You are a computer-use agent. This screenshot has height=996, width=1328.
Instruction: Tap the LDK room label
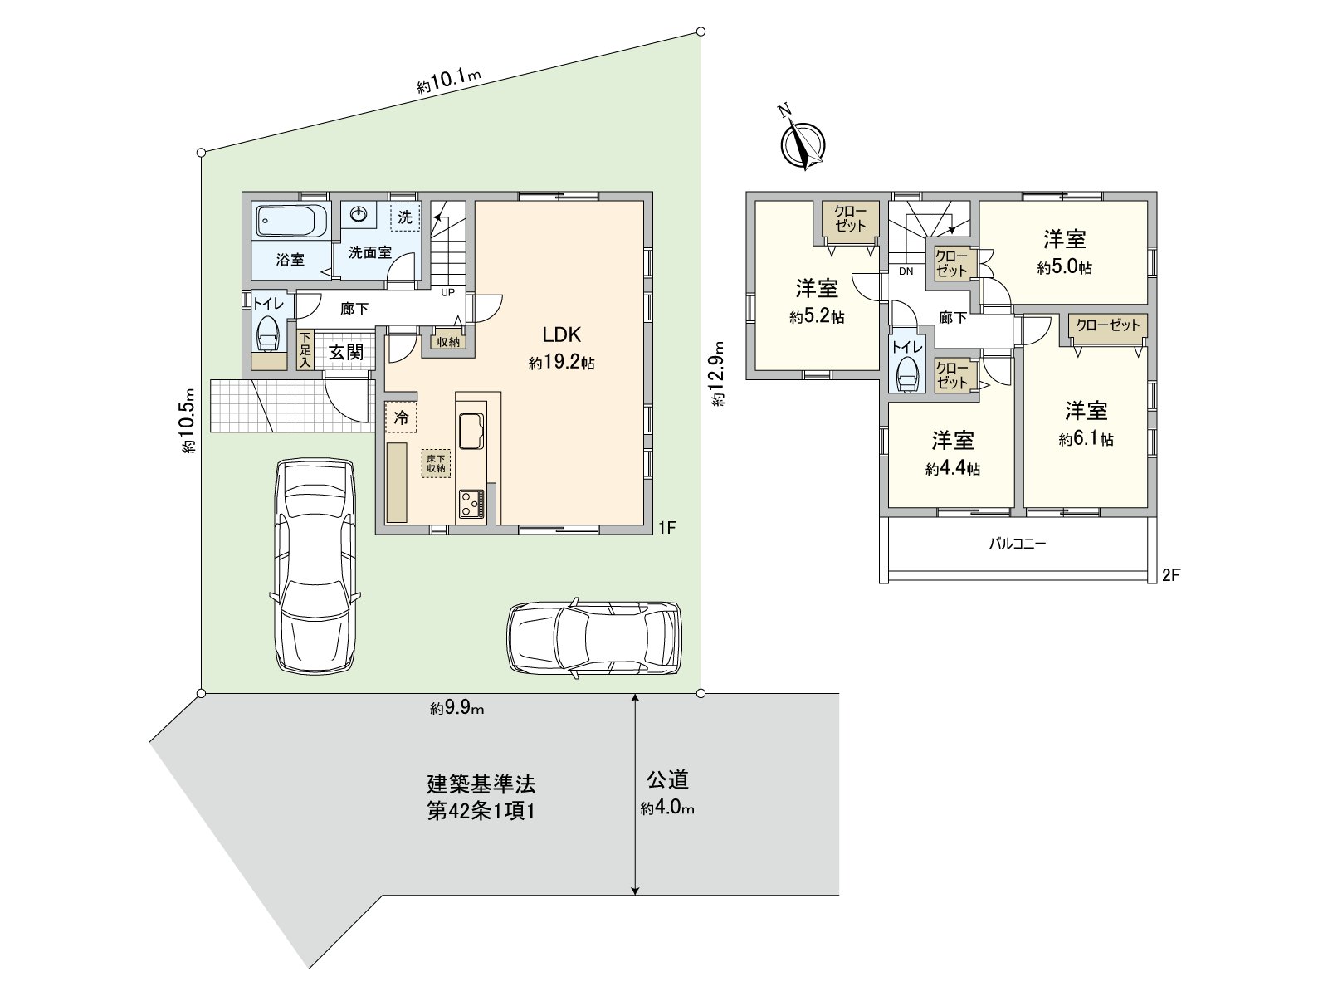(561, 335)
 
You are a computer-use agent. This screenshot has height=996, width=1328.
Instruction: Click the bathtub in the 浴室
(286, 222)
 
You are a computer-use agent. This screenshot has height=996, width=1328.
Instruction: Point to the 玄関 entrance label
(345, 352)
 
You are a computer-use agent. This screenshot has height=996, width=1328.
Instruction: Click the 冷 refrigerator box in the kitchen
(401, 417)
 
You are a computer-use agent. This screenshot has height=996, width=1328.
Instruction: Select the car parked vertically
(315, 564)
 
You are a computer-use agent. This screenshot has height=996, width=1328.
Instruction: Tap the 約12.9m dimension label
(718, 373)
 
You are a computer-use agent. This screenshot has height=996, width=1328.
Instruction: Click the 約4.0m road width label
(667, 808)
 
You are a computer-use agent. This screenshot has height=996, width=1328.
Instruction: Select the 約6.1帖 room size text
(1086, 440)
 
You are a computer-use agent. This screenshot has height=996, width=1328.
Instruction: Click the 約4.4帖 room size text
(953, 470)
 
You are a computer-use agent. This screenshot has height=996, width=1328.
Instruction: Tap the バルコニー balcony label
(1018, 544)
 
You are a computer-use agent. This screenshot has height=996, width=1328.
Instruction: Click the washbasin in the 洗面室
(359, 214)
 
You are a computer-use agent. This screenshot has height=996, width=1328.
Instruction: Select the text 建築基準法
(481, 783)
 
